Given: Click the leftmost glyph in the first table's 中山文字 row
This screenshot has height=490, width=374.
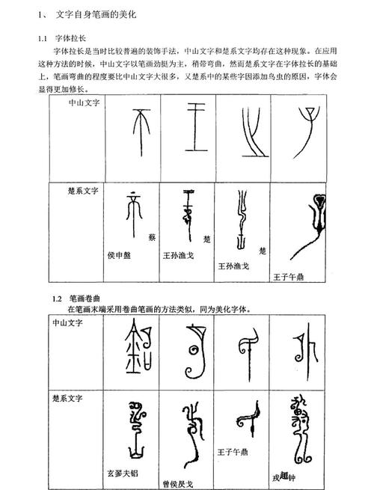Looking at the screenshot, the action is coord(140,132).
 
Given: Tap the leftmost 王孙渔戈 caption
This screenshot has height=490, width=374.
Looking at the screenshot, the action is coord(181,254).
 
